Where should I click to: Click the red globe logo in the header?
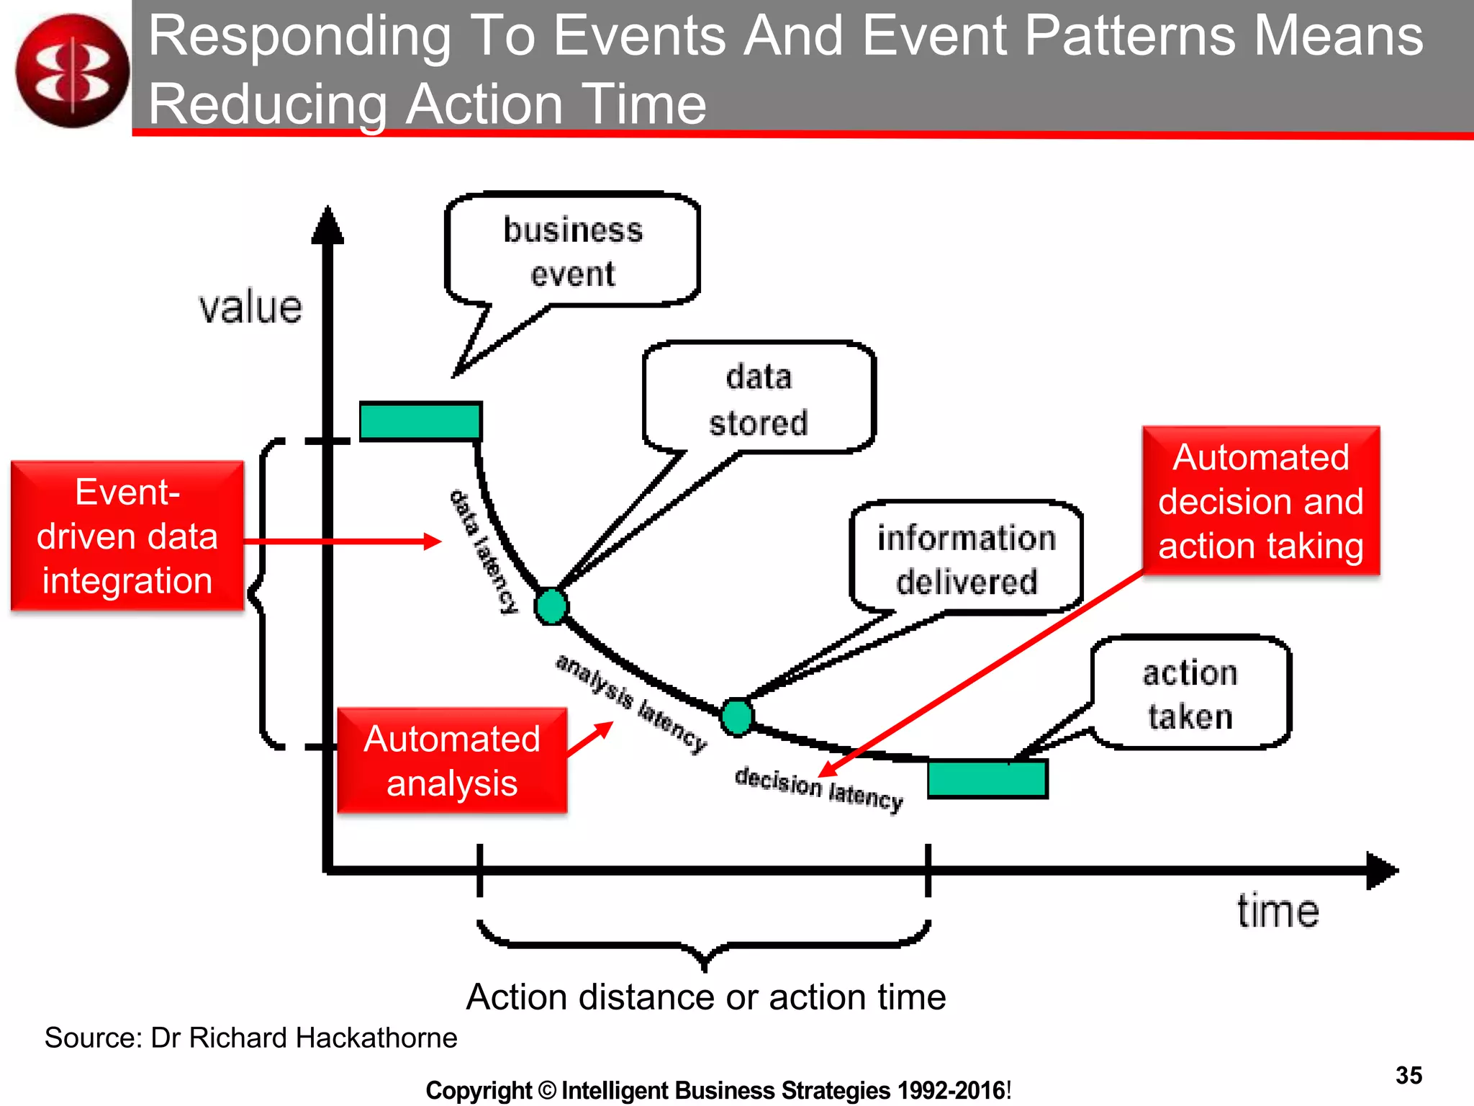(72, 71)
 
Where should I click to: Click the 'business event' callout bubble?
(572, 251)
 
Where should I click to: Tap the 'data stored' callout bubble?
(759, 399)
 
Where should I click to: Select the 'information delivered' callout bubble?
(966, 559)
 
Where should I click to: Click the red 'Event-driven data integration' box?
(127, 536)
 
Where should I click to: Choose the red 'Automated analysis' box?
(452, 760)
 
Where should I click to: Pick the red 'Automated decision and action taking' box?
(1260, 501)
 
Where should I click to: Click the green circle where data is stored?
(551, 606)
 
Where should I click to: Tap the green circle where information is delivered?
(737, 716)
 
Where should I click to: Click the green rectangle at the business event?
(420, 421)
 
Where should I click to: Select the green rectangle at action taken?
(987, 778)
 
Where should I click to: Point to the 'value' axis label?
(250, 307)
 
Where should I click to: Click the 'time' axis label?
(1278, 911)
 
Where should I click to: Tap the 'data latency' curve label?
(483, 552)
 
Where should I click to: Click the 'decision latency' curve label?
(818, 789)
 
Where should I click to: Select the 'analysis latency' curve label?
(630, 703)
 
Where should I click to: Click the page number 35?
(1409, 1075)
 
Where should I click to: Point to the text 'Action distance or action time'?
(706, 997)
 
